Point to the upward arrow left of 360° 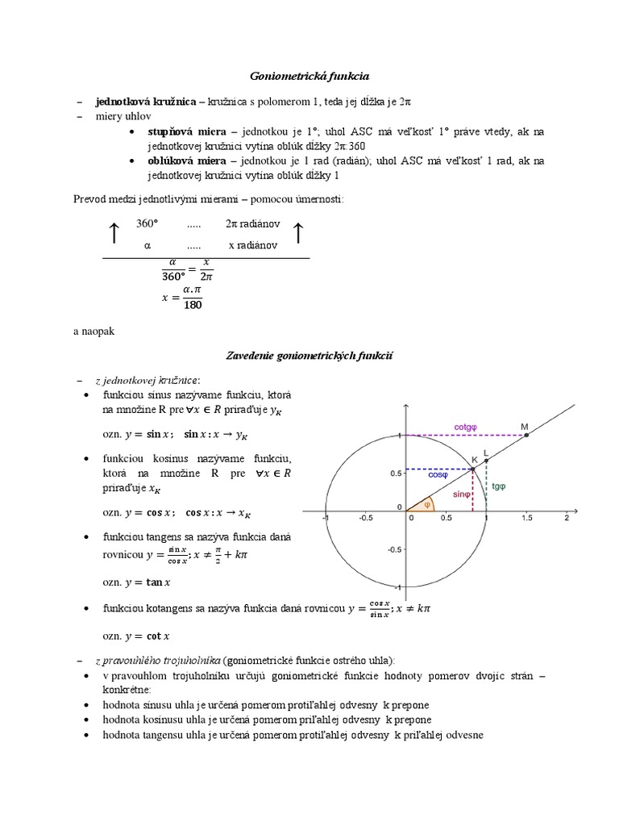114,233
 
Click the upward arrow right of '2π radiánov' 297,233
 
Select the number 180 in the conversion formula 193,305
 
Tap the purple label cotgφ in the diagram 465,427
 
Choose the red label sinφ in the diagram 461,494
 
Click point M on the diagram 526,435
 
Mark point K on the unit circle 473,469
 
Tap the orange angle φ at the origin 427,505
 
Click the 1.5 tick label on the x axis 527,519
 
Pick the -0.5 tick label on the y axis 394,549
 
